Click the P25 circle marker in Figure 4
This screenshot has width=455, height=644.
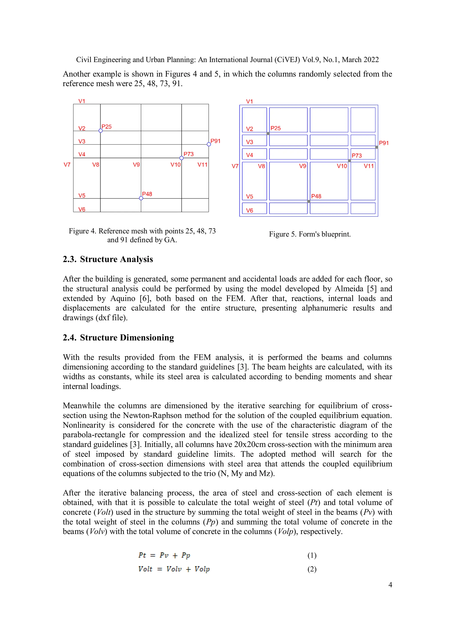tap(100, 131)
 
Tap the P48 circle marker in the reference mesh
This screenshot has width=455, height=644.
tap(141, 198)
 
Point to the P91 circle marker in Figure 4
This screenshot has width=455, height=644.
tap(209, 144)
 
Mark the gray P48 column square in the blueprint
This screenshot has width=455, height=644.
tap(309, 201)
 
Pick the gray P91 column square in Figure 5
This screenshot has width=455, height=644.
tap(377, 147)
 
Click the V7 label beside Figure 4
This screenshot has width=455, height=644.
tap(67, 165)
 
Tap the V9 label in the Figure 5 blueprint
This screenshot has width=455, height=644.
tap(303, 166)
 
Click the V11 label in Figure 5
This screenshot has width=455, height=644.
tap(369, 166)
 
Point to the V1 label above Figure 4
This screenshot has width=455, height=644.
tap(82, 101)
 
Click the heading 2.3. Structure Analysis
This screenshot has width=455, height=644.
tap(108, 259)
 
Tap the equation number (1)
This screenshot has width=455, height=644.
tap(312, 555)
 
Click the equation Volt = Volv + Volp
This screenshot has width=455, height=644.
tap(174, 569)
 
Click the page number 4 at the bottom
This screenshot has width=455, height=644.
tap(390, 585)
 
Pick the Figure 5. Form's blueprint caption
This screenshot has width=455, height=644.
tap(309, 234)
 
